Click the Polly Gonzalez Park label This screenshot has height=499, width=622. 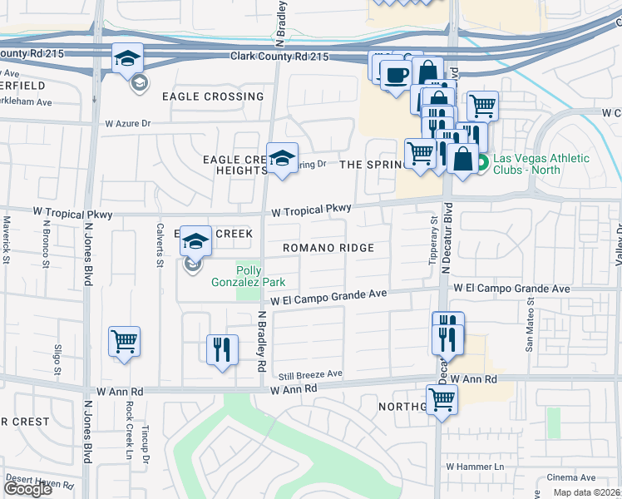click(260, 276)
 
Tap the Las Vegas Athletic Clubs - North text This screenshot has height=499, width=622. click(541, 164)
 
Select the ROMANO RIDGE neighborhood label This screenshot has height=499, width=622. click(328, 248)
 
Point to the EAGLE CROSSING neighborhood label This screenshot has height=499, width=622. click(213, 96)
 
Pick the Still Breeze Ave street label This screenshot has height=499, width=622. click(312, 374)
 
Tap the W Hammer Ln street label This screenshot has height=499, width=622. click(475, 467)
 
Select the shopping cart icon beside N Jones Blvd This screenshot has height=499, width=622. click(124, 340)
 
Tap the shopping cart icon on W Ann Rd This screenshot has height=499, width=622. click(442, 398)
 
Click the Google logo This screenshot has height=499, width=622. click(27, 489)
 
